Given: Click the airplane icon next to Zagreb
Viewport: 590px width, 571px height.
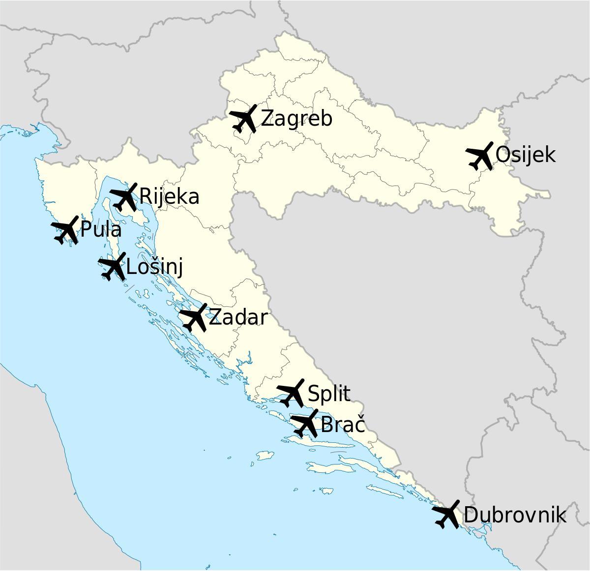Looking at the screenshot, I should [x=244, y=119].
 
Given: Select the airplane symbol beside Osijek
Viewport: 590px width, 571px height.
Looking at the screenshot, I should [x=480, y=156].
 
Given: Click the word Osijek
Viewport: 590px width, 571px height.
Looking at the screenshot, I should [x=525, y=155].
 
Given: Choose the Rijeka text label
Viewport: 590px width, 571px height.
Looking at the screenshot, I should [x=169, y=196].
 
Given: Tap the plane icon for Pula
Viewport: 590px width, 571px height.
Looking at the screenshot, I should [x=65, y=230].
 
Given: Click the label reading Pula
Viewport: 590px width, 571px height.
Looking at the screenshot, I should [x=100, y=230].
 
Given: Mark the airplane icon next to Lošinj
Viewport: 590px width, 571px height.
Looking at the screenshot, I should [x=113, y=267].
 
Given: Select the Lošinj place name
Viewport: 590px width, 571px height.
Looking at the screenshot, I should [x=154, y=268].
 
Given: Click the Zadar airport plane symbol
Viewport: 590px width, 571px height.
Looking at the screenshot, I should [x=194, y=317].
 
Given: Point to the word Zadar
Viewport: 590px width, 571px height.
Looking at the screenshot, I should [x=238, y=318].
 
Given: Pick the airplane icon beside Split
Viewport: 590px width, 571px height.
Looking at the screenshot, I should [x=291, y=393].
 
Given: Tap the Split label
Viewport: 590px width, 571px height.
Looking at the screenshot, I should [x=329, y=394].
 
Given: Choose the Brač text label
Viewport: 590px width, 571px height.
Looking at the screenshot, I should [x=343, y=424].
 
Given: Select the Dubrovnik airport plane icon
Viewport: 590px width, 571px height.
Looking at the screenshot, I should [x=446, y=515].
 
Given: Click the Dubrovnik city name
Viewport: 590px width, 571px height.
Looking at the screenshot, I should [x=514, y=515].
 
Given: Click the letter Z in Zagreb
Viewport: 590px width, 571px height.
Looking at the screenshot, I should [x=266, y=119].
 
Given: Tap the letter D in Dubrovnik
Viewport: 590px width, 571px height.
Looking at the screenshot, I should [x=470, y=515].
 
